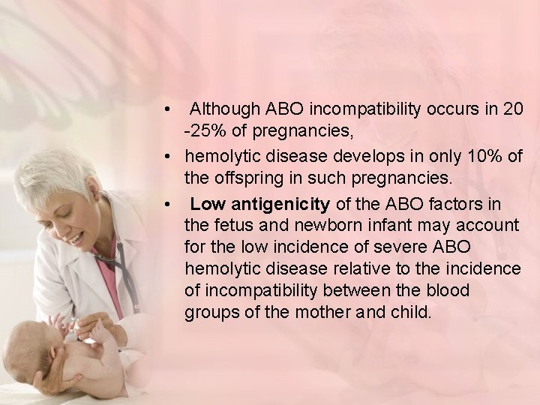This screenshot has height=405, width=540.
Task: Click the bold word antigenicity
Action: (279, 203)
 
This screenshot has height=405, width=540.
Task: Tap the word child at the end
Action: (411, 312)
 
